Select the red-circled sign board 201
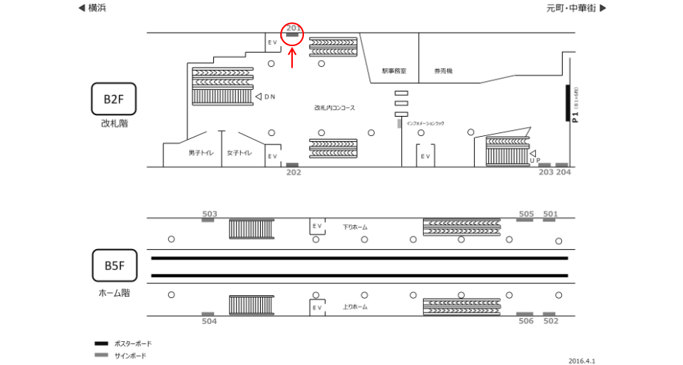292,33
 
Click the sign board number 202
294,172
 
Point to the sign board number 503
209,213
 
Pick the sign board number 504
209,321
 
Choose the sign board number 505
526,214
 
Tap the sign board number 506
526,321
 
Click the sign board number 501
551,214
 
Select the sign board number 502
551,321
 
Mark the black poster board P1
568,103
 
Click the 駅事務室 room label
394,71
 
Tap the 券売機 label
444,71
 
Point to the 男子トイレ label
201,152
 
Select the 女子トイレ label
240,152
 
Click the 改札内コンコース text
334,109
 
